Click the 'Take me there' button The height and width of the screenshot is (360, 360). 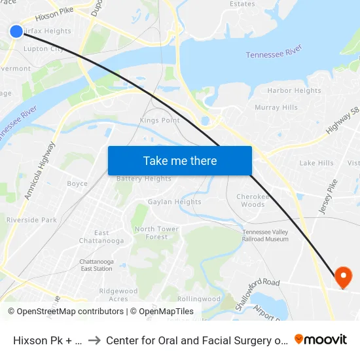[x=180, y=160]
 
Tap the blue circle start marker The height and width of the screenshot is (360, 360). [x=16, y=31]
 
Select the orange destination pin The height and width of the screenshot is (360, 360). [x=343, y=278]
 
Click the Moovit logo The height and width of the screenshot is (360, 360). [x=321, y=339]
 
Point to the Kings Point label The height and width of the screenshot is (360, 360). [x=160, y=120]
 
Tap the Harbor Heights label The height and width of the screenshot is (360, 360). [x=294, y=91]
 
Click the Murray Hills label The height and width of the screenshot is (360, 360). [x=276, y=107]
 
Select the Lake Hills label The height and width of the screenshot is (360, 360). [x=316, y=163]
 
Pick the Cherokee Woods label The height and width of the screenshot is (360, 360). [x=251, y=200]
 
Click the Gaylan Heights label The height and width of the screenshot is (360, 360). [x=174, y=202]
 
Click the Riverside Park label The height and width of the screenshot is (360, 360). [x=31, y=221]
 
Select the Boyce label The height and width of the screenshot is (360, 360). [x=77, y=184]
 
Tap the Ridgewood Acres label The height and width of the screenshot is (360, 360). [x=118, y=295]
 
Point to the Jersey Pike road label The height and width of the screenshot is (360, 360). [x=327, y=200]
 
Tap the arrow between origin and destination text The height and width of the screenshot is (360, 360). [x=94, y=340]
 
